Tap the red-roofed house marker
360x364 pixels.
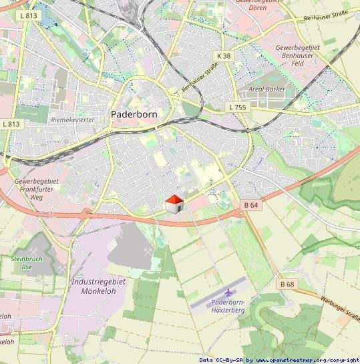(x=174, y=204)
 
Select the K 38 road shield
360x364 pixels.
(x=224, y=56)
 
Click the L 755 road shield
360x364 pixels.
(x=236, y=107)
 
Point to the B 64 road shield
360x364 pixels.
(x=250, y=205)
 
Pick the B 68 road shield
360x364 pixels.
(x=287, y=285)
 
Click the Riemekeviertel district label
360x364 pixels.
(x=71, y=119)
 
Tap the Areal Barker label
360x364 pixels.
(x=266, y=89)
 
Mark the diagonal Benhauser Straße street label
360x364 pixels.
(x=200, y=78)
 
